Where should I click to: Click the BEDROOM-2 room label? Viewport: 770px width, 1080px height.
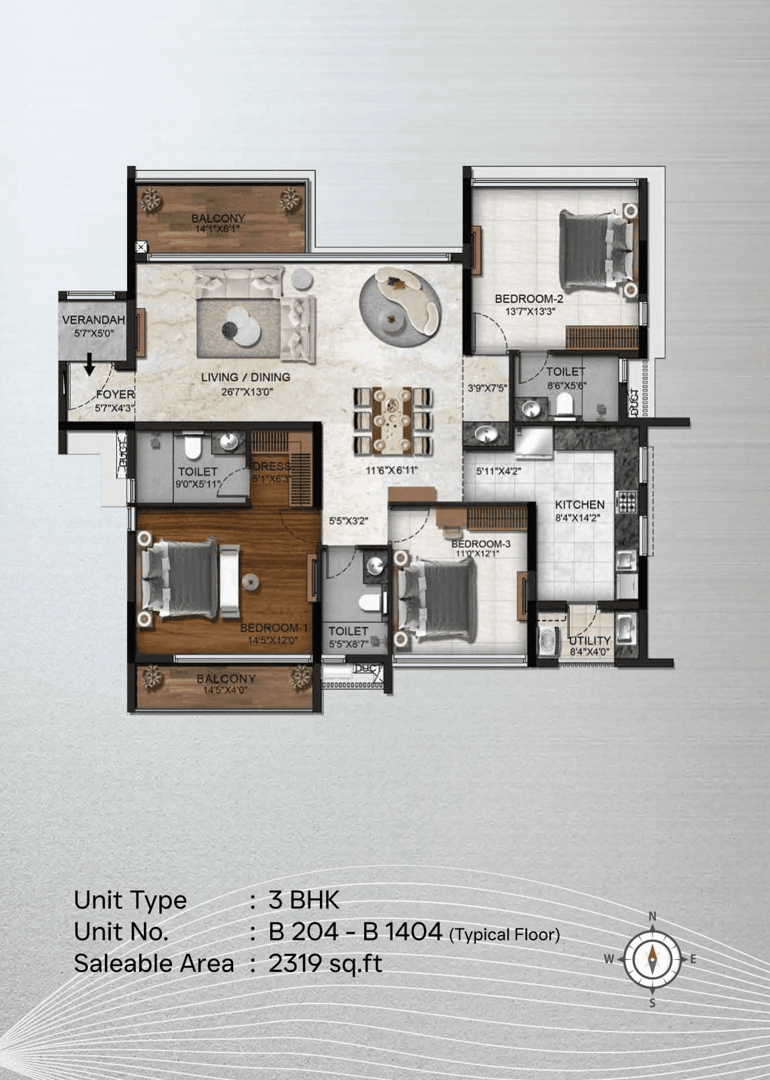(x=529, y=299)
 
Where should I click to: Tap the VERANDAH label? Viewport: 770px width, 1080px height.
(x=93, y=320)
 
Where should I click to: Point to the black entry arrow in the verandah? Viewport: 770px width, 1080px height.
(x=89, y=366)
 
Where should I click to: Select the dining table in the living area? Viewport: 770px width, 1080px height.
(x=393, y=421)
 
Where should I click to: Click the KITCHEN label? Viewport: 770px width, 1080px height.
(x=579, y=505)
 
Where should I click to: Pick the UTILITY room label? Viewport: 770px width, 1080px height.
(x=589, y=640)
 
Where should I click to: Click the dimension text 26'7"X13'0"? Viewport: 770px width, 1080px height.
(x=246, y=391)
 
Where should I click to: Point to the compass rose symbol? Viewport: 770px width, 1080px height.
(x=652, y=959)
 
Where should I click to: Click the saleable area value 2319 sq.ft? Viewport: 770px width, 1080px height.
(x=325, y=964)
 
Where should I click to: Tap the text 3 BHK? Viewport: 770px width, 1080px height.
(x=304, y=900)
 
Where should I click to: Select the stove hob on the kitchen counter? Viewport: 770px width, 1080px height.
(x=626, y=501)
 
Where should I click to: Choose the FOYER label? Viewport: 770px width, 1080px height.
(x=115, y=395)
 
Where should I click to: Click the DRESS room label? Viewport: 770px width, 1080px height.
(x=271, y=466)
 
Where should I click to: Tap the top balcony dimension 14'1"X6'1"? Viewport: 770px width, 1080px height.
(x=217, y=229)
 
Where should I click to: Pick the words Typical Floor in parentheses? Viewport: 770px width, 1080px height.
(x=505, y=934)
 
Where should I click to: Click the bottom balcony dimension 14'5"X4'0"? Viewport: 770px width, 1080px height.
(x=226, y=689)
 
